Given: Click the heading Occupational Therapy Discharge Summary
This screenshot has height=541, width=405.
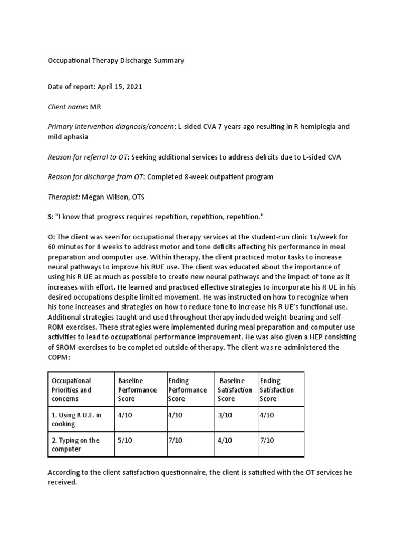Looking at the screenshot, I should (115, 60).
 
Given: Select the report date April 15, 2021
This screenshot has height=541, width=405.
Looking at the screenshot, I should (119, 87).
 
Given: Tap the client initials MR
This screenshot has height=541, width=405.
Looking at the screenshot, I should (95, 107).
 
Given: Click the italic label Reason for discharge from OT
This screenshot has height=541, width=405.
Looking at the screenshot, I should (95, 177).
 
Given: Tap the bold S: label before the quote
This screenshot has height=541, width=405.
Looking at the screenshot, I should (50, 217).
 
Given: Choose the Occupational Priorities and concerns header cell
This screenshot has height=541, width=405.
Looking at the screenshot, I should (70, 390).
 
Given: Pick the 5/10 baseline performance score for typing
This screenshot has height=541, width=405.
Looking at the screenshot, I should (125, 440).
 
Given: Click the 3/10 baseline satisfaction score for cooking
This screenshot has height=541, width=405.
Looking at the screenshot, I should (225, 416).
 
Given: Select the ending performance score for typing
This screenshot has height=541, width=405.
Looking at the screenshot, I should (175, 440).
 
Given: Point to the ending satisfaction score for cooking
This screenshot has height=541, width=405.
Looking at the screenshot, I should (267, 416).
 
